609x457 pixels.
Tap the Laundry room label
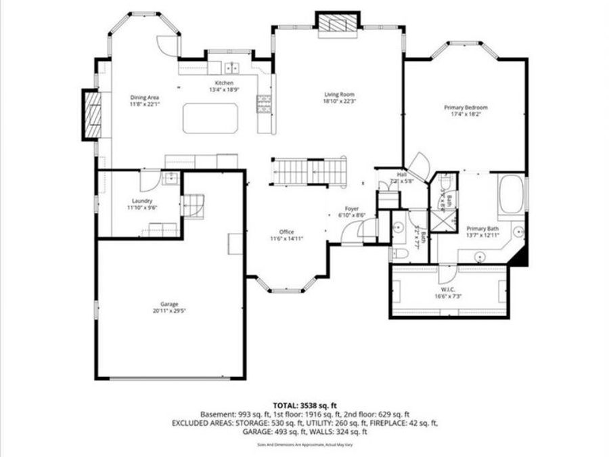coord(142,201)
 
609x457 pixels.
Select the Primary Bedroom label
coord(466,108)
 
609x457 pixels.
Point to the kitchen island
coord(210,118)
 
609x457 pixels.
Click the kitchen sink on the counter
coord(232,67)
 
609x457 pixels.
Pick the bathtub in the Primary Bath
coord(511,194)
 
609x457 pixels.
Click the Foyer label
coord(352,209)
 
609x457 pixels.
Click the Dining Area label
coord(143,98)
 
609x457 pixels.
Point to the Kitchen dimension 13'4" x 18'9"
coord(224,89)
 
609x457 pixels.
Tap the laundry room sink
coord(171,179)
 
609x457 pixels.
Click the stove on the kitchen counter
coord(264,103)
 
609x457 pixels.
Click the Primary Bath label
coord(482,229)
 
